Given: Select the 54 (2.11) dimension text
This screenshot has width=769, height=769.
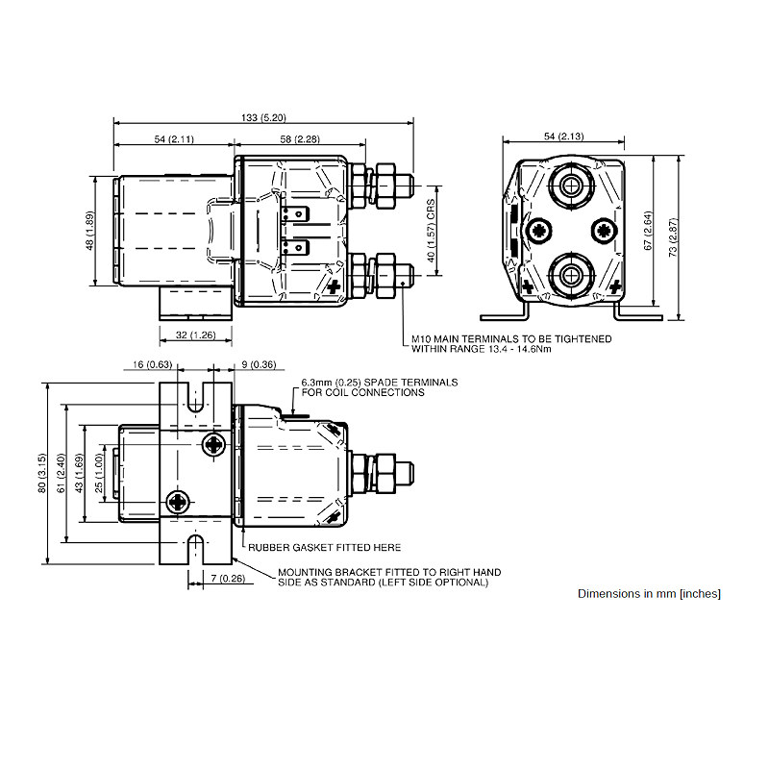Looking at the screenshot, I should pyautogui.click(x=174, y=140).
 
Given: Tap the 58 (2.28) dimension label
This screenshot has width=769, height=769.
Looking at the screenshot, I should pyautogui.click(x=300, y=140).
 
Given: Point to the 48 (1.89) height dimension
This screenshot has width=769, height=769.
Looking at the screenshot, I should pyautogui.click(x=89, y=231).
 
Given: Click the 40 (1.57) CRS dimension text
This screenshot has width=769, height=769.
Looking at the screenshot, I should pyautogui.click(x=433, y=232).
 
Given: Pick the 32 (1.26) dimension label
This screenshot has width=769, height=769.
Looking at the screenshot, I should pyautogui.click(x=195, y=335).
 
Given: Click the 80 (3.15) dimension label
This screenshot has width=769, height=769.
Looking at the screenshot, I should pyautogui.click(x=42, y=474).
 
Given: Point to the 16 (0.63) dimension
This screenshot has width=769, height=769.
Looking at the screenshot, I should pyautogui.click(x=152, y=365).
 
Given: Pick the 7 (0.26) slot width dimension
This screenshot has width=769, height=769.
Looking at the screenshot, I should pyautogui.click(x=226, y=578).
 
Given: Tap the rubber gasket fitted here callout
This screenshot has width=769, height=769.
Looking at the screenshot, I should pyautogui.click(x=324, y=548).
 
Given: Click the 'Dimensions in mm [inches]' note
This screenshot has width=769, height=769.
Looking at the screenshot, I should pyautogui.click(x=649, y=593).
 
